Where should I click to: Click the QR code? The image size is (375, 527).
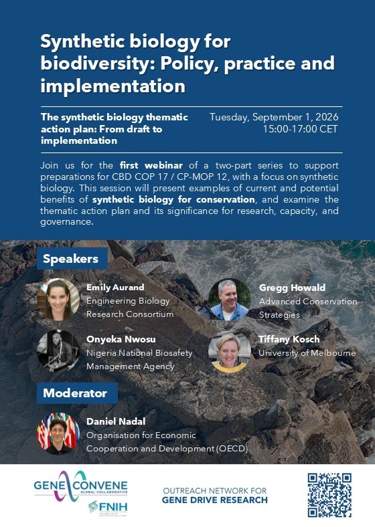329,495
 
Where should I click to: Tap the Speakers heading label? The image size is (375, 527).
72,258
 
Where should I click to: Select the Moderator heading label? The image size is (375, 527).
77,393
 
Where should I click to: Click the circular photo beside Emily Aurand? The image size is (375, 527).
58,299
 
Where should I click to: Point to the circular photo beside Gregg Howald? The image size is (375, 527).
229,299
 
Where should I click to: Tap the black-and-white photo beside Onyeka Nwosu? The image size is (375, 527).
58,351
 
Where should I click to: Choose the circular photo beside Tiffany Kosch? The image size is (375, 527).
229,351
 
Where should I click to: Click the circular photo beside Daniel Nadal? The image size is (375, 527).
58,433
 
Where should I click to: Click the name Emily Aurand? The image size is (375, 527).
115,288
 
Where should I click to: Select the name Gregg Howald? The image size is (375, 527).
292,288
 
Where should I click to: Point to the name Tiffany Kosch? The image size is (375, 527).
289,339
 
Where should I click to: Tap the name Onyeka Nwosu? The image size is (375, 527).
121,340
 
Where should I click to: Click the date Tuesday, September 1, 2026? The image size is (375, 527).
274,117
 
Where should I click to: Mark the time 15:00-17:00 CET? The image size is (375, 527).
300,128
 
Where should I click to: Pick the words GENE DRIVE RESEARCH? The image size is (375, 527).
215,500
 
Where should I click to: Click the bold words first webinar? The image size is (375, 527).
151,165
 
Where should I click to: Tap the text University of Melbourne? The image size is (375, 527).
307,353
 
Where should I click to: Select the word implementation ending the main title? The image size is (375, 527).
112,86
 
